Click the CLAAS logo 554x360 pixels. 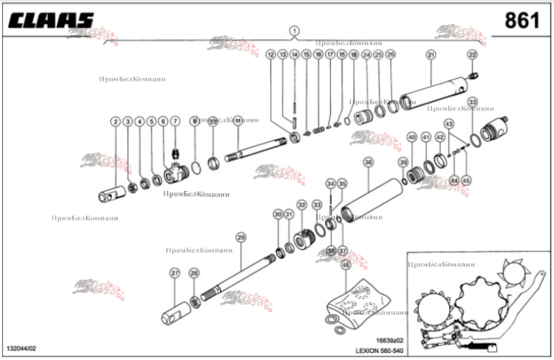(51, 20)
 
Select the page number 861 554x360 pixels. (522, 20)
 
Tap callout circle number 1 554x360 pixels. (294, 31)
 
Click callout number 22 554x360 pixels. (472, 54)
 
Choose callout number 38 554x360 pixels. (367, 163)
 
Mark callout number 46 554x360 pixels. (345, 265)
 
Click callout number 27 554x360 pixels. (175, 273)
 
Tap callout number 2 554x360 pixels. (115, 122)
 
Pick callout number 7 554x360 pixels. (175, 122)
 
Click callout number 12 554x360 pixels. (270, 54)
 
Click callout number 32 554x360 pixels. (301, 205)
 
